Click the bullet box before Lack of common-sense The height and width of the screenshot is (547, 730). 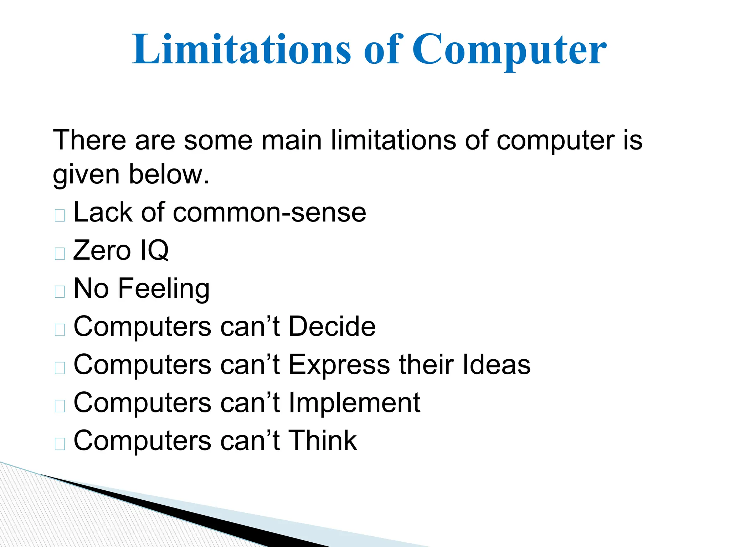(60, 215)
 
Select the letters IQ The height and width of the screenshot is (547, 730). (154, 250)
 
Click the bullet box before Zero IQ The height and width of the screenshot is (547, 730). (60, 254)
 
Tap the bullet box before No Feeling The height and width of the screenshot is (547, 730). (60, 292)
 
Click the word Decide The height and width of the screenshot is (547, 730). (332, 326)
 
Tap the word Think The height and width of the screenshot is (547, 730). (322, 441)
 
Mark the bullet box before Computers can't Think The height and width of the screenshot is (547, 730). (60, 444)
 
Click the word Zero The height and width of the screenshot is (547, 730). (102, 250)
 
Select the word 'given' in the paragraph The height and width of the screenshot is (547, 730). (86, 175)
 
